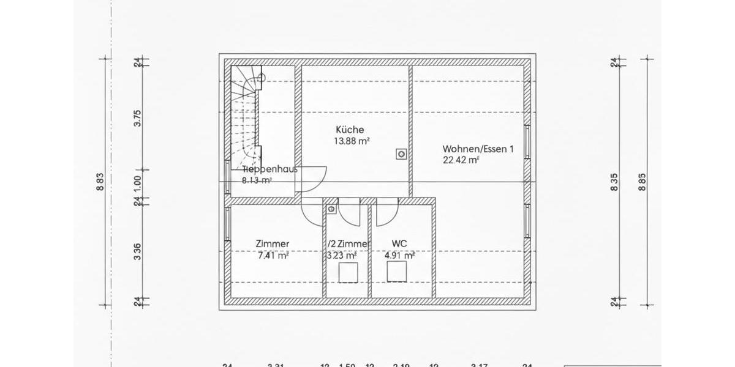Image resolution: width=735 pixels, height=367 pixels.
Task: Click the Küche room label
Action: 350,130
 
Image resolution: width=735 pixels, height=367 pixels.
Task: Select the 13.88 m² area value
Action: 351,141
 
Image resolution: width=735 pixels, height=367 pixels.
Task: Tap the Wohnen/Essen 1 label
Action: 478,149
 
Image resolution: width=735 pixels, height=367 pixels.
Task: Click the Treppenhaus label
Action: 269,169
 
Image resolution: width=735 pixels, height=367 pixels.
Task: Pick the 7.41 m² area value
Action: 273,256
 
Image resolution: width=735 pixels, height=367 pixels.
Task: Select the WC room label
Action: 391,243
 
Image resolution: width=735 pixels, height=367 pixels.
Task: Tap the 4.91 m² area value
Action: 399,256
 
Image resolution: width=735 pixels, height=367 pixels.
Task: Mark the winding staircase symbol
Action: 247,116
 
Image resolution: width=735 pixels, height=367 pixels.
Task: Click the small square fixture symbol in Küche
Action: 401,154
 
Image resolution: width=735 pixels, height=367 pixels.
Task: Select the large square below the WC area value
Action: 399,273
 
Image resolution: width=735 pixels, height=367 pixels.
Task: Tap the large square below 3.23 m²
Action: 348,273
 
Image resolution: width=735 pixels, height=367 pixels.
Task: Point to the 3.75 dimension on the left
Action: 138,117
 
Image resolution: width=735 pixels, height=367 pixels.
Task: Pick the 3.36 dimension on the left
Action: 138,251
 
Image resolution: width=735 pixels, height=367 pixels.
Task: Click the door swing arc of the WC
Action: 386,214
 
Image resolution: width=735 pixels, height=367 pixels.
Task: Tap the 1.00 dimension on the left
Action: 138,183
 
